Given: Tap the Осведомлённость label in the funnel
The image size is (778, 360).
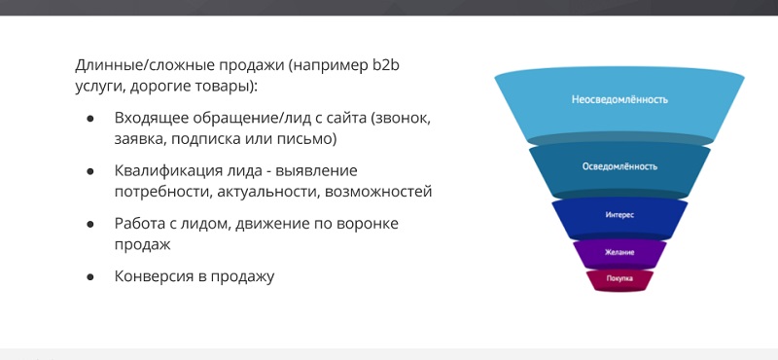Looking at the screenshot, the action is click(x=619, y=166).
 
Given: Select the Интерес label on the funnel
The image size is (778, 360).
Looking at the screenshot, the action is click(x=619, y=215).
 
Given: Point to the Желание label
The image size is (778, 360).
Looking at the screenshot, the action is click(x=619, y=252).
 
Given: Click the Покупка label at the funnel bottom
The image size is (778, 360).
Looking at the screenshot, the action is click(x=619, y=278).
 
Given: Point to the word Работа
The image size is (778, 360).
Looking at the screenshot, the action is click(x=138, y=224).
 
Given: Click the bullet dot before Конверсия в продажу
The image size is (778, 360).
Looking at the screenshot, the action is click(x=89, y=276).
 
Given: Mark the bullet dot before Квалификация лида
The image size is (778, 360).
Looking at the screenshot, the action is click(x=89, y=171).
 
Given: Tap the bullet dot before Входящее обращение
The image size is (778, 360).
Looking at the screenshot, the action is click(x=89, y=119).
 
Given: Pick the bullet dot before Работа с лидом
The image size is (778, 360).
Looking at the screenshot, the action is click(x=89, y=224).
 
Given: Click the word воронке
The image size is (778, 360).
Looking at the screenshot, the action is click(x=368, y=224).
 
